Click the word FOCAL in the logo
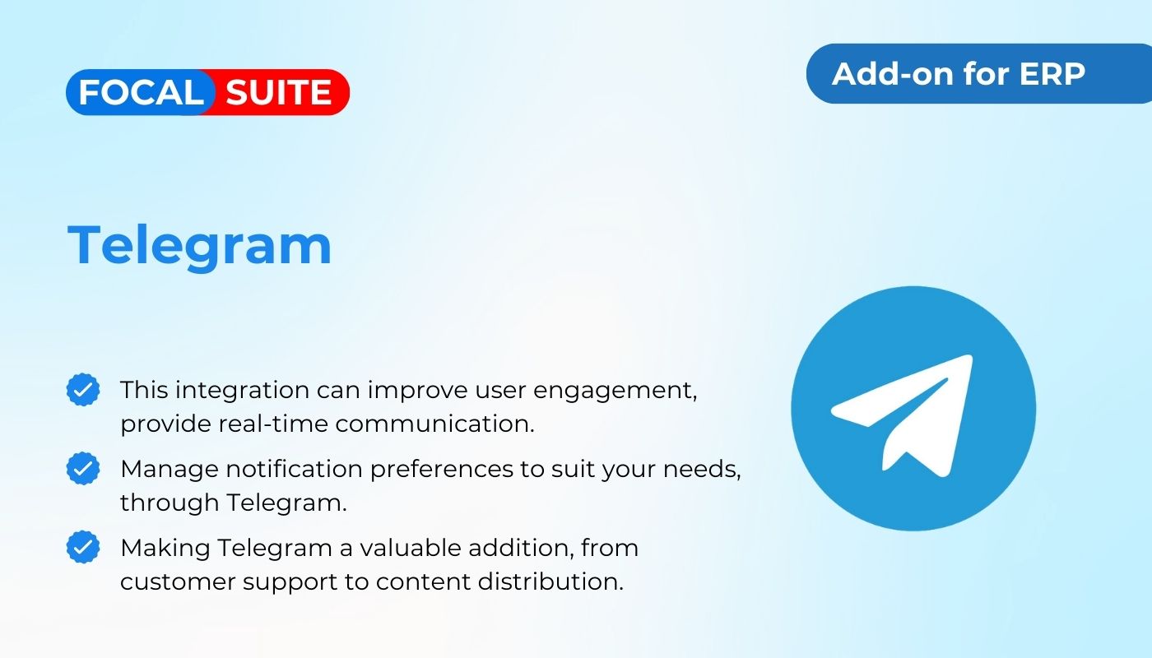tap(141, 92)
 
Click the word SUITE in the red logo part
tap(278, 92)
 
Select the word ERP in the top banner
tap(1052, 73)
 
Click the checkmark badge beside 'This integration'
tap(83, 390)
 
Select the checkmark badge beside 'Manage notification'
tap(83, 468)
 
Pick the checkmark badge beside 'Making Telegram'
tap(83, 547)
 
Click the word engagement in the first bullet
tap(615, 392)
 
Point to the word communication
tap(435, 424)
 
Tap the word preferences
tap(442, 470)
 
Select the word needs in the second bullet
tap(701, 470)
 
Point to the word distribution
tap(550, 582)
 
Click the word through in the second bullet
tap(170, 503)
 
